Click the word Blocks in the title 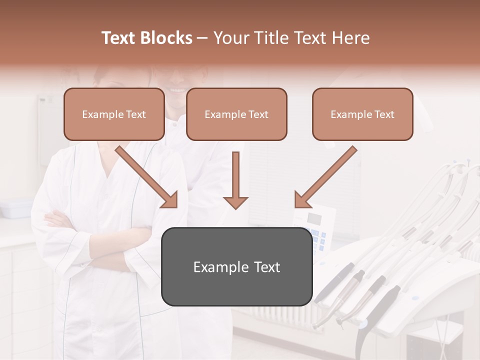click(x=166, y=38)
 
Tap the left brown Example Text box click(x=114, y=114)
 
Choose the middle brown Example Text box click(x=236, y=114)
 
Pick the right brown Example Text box click(x=362, y=114)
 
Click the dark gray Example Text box click(x=236, y=266)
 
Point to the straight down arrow click(x=235, y=180)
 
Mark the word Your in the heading click(x=229, y=38)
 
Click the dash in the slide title click(x=202, y=38)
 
